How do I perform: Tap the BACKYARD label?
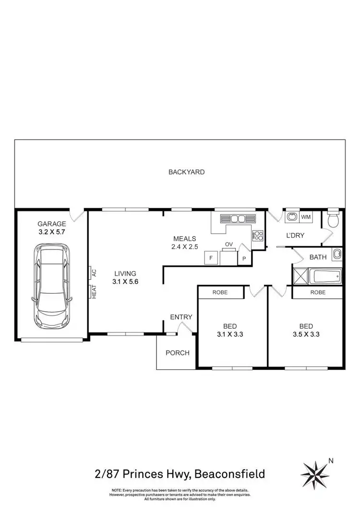point(187,172)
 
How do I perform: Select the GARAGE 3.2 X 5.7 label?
point(52,227)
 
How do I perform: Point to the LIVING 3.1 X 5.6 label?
point(125,278)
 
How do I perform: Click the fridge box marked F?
point(210,259)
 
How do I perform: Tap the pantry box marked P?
point(244,259)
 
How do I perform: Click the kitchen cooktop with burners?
point(258,236)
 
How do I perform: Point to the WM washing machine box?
point(306,218)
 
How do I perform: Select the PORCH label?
point(177,353)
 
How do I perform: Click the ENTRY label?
point(181,317)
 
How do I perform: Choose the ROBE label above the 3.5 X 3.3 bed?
point(317,292)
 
